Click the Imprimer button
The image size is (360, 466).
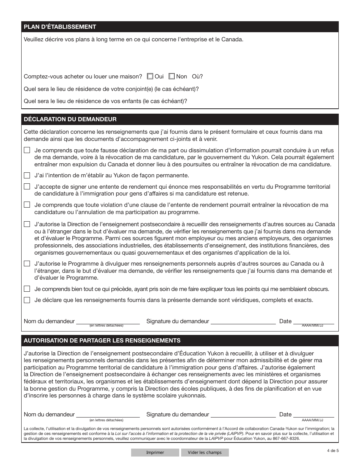(x=155, y=452)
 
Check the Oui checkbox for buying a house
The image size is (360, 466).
(x=150, y=76)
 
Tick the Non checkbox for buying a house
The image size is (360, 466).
(x=172, y=76)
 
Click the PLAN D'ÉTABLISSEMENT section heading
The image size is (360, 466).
(x=60, y=27)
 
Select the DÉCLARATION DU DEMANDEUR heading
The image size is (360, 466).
(x=70, y=119)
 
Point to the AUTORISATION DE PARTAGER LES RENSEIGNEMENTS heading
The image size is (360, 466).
(x=102, y=340)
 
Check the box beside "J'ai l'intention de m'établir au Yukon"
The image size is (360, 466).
(x=27, y=175)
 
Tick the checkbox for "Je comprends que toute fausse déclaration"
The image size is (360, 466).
(x=27, y=150)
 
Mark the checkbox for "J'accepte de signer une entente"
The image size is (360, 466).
(x=27, y=186)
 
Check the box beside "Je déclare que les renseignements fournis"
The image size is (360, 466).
(x=27, y=300)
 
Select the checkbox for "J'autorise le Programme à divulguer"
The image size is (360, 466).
(x=27, y=263)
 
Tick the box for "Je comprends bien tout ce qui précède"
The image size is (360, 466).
(x=27, y=289)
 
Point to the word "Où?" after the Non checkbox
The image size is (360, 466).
(x=197, y=77)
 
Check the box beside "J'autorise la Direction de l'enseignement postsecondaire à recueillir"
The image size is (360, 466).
(x=27, y=224)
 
